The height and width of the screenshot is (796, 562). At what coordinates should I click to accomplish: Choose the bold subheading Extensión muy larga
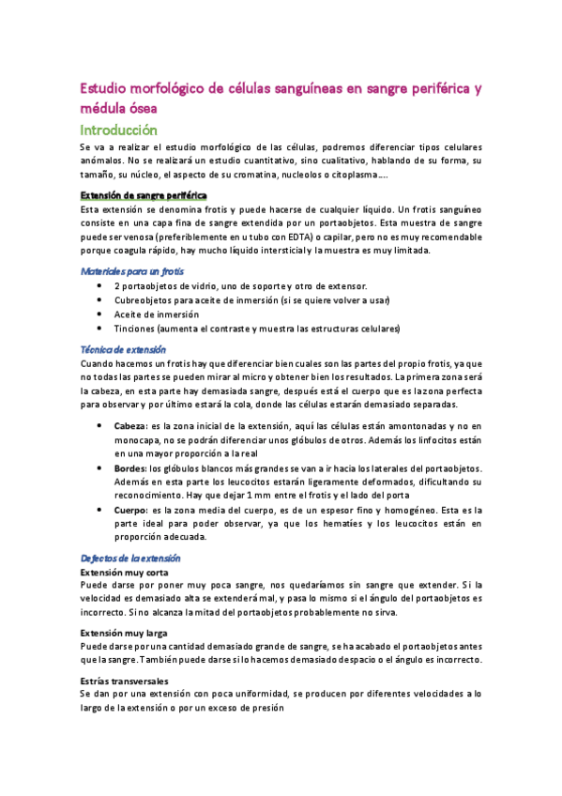(x=124, y=633)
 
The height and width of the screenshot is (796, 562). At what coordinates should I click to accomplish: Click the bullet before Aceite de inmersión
(x=100, y=314)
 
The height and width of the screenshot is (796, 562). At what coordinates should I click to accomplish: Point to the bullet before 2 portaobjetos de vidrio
(x=100, y=285)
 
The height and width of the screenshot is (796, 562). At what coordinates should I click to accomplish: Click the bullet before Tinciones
(x=100, y=329)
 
